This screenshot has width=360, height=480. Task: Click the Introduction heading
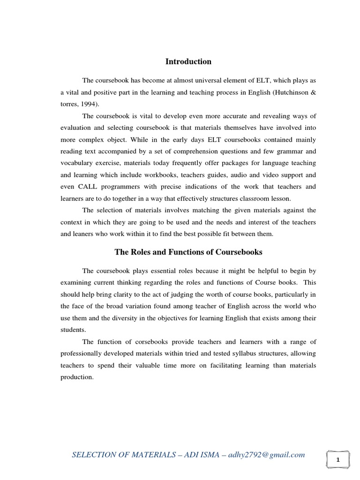point(188,62)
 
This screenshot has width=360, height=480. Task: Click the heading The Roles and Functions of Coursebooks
point(188,252)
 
